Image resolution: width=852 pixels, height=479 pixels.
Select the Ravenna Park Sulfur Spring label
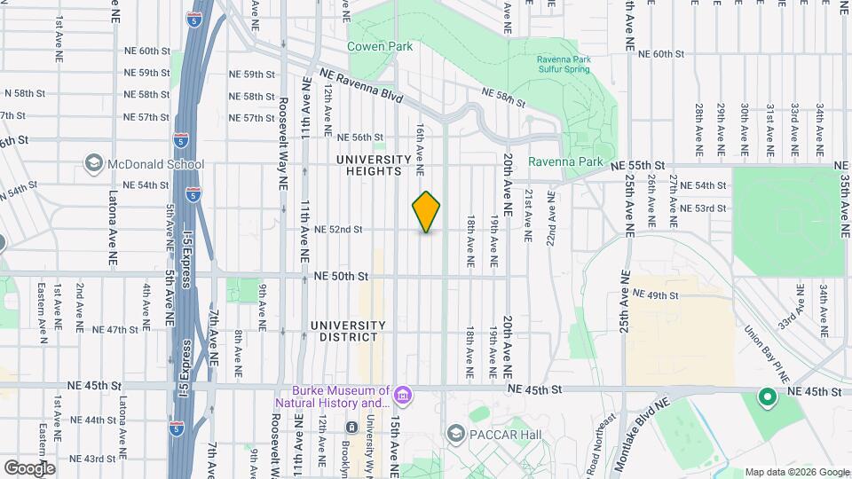562,65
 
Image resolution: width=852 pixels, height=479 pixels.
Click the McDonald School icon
94,163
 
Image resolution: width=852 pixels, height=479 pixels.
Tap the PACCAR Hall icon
457,432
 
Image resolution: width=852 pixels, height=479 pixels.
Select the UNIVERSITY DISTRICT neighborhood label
348,331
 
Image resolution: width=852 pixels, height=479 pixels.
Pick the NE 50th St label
341,277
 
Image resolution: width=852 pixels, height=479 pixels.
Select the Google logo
29,468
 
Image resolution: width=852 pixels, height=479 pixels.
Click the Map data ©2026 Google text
796,472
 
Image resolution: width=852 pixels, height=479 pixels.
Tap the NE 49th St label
655,295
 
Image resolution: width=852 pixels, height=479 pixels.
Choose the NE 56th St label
360,137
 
